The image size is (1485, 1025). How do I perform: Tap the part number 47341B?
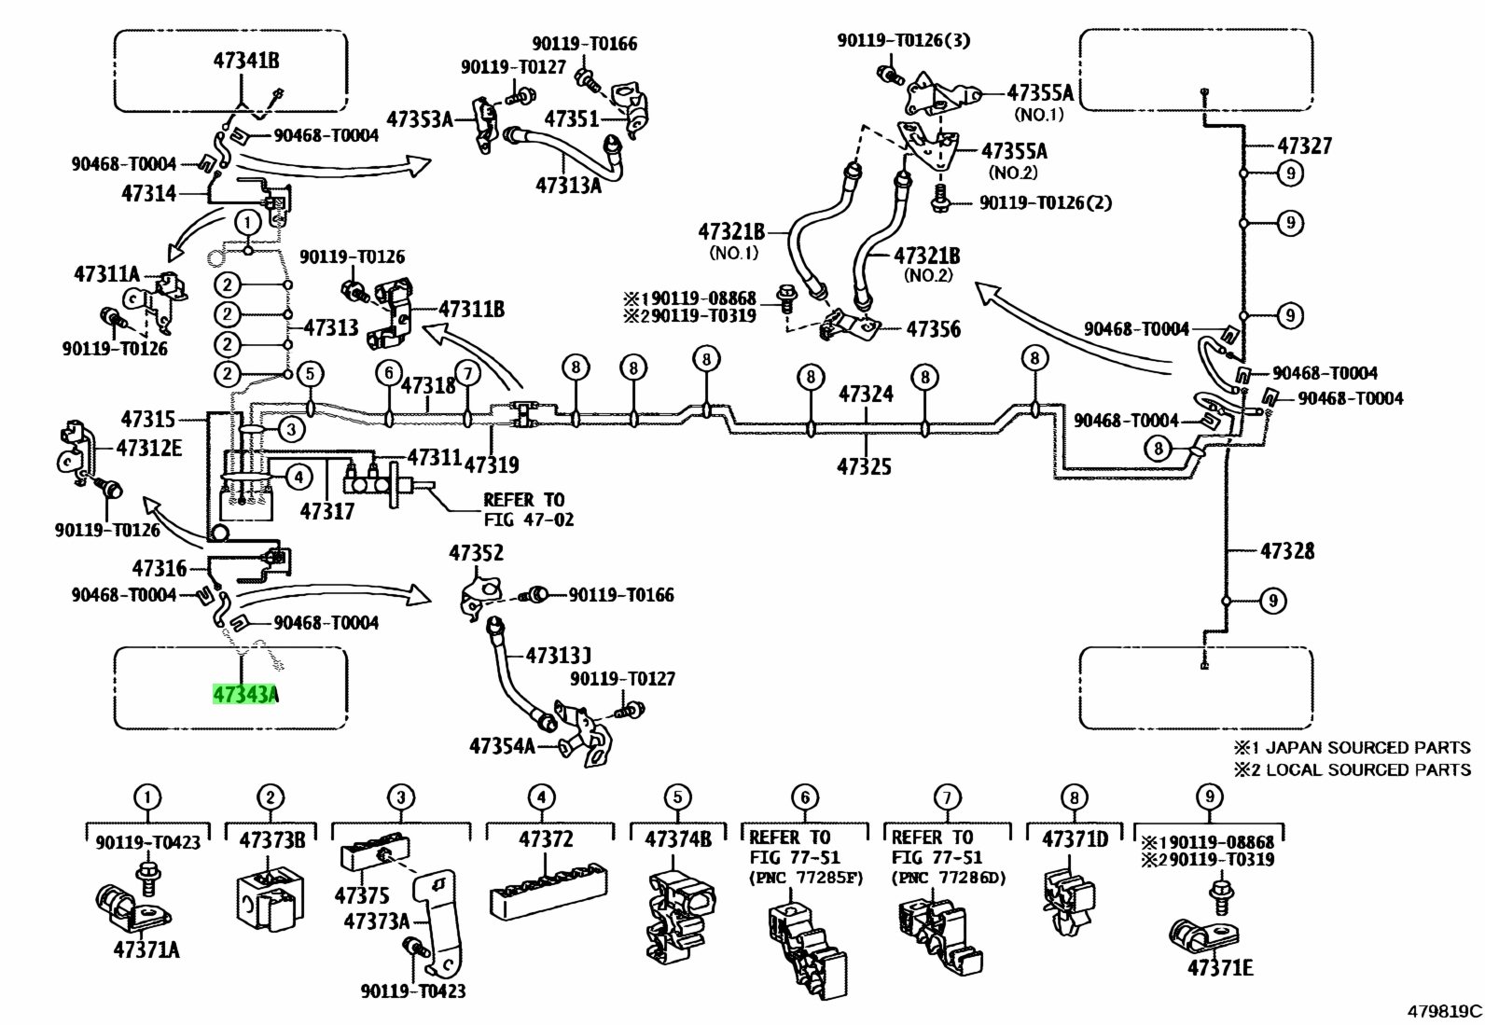pyautogui.click(x=246, y=61)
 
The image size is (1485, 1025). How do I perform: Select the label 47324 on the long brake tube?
pyautogui.click(x=866, y=394)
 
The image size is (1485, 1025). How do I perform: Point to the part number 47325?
pyautogui.click(x=865, y=466)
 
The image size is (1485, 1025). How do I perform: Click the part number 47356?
pyautogui.click(x=934, y=329)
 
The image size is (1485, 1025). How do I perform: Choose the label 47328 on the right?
pyautogui.click(x=1286, y=550)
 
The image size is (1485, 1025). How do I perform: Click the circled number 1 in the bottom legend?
pyautogui.click(x=147, y=796)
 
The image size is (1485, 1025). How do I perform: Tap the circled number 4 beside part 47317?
pyautogui.click(x=299, y=476)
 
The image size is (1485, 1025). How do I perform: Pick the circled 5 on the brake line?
pyautogui.click(x=310, y=374)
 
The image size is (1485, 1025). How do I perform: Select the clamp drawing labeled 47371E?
pyautogui.click(x=1204, y=935)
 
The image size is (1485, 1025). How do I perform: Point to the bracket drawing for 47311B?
pyautogui.click(x=390, y=313)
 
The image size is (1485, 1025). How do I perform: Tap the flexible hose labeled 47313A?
pyautogui.click(x=565, y=155)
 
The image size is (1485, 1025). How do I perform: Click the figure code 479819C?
pyautogui.click(x=1444, y=1011)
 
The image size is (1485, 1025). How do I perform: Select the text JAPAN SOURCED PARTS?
pyautogui.click(x=1368, y=748)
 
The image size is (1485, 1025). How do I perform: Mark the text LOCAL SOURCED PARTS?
pyautogui.click(x=1368, y=769)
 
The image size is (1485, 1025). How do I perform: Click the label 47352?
pyautogui.click(x=476, y=553)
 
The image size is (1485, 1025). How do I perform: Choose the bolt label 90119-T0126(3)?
pyautogui.click(x=903, y=40)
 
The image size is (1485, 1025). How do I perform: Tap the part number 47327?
pyautogui.click(x=1305, y=145)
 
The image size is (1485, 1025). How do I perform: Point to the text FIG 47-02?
pyautogui.click(x=528, y=519)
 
